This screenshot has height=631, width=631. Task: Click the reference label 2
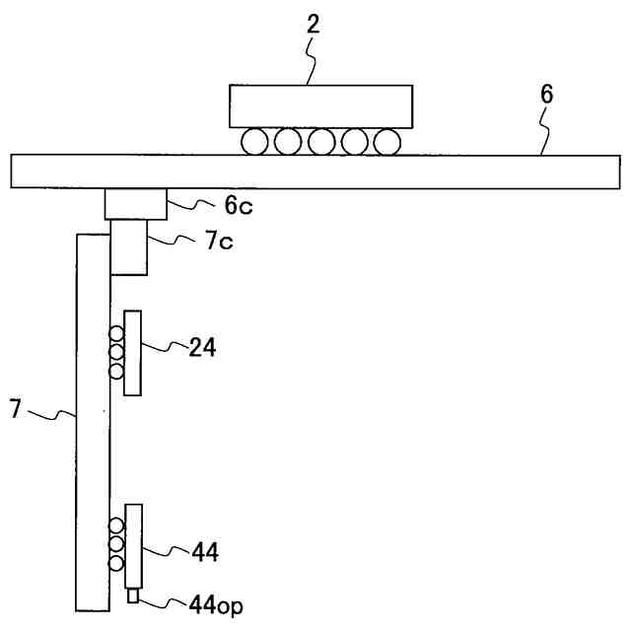(x=313, y=25)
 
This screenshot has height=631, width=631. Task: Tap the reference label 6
(x=547, y=95)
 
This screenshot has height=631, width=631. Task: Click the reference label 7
(x=15, y=408)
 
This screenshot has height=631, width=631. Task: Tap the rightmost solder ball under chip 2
(x=386, y=142)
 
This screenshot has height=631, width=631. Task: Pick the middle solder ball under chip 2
(x=320, y=142)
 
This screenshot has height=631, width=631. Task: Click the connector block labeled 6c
(x=136, y=204)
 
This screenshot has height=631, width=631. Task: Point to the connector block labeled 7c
(x=128, y=247)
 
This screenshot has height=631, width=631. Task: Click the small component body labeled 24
(x=132, y=352)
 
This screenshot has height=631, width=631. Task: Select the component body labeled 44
(x=133, y=545)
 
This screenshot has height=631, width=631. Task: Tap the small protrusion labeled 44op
(x=133, y=596)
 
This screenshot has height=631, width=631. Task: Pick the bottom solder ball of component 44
(x=116, y=563)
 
